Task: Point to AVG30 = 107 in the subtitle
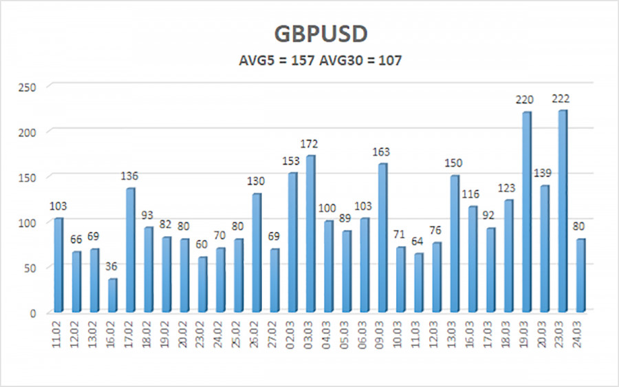pyautogui.click(x=360, y=61)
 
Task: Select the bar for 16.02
pyautogui.click(x=113, y=295)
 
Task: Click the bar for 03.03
pyautogui.click(x=311, y=233)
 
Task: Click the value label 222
pyautogui.click(x=562, y=99)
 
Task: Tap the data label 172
pyautogui.click(x=310, y=144)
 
